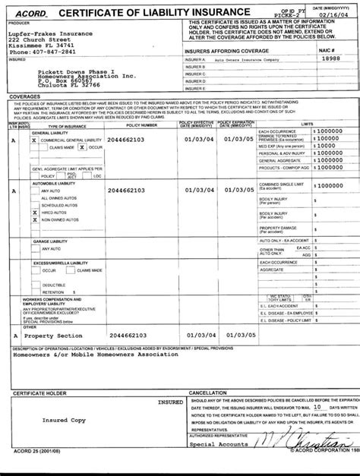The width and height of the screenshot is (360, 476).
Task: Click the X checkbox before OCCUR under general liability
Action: pos(82,147)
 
